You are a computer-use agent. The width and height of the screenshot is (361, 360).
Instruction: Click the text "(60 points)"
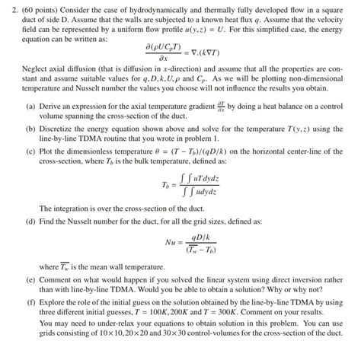(30, 6)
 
